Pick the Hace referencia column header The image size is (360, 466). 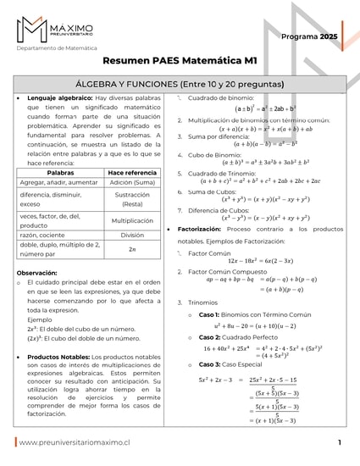[132, 172]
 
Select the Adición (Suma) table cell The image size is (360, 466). [132, 182]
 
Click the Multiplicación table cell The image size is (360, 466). [132, 220]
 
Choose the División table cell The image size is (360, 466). [132, 235]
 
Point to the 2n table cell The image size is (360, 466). [132, 249]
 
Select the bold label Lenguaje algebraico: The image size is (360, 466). [59, 98]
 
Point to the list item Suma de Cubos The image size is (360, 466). [217, 191]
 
